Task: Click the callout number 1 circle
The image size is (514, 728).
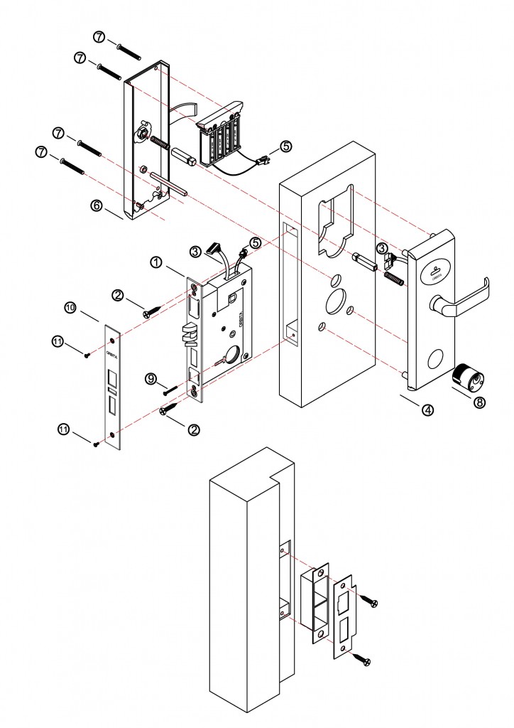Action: pos(157,262)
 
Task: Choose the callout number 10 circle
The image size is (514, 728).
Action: pos(70,307)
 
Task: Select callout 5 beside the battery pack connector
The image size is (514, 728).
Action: pos(285,146)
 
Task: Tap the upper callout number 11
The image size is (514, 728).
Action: pos(58,342)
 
